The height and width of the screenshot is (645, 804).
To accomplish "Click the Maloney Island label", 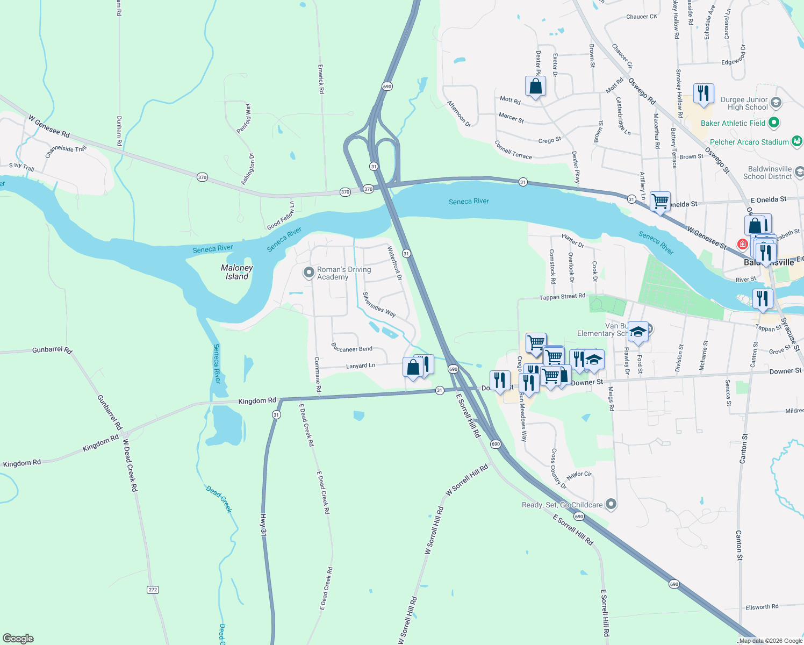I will tap(236, 272).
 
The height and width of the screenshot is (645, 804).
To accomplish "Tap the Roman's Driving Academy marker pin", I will tap(308, 273).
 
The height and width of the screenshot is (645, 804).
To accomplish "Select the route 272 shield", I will tap(153, 590).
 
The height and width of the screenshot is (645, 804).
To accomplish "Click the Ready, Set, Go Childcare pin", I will tap(611, 504).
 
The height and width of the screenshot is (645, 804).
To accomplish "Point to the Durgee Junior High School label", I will tap(744, 103).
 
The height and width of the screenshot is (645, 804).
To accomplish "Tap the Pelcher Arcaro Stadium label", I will tap(749, 142).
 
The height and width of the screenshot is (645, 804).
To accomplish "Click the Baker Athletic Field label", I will tap(733, 123).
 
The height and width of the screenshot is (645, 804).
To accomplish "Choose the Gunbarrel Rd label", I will tap(52, 350).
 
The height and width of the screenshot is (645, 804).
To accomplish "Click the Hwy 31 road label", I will tap(263, 524).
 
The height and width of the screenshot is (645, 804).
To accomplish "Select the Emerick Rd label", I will tap(321, 79).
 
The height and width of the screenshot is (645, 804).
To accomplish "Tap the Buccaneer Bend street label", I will tap(352, 348).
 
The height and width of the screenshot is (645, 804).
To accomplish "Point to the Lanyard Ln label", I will tap(360, 366).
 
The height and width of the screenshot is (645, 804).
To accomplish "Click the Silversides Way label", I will tap(379, 304).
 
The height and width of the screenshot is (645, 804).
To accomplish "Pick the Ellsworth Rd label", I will tap(762, 607).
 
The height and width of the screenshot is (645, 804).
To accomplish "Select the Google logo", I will tap(18, 639).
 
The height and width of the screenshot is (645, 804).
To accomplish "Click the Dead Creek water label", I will tap(219, 499).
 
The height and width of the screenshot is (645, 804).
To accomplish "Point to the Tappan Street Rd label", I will tap(562, 297).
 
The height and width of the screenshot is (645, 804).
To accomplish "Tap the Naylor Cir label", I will tap(579, 475).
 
